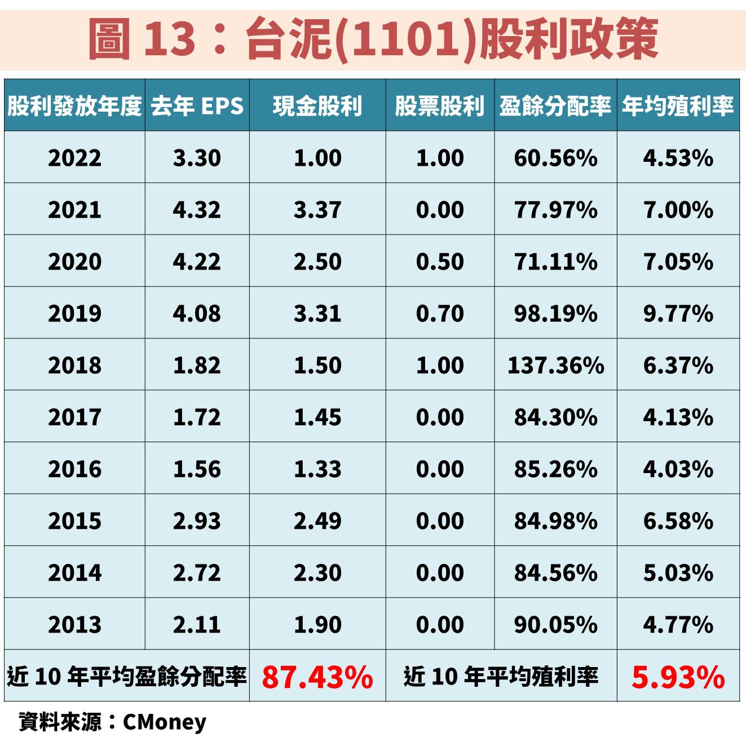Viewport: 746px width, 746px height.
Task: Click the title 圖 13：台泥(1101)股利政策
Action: pyautogui.click(x=373, y=38)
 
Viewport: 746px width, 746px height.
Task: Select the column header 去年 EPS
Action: pyautogui.click(x=197, y=105)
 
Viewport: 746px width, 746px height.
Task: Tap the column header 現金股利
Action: pyautogui.click(x=317, y=105)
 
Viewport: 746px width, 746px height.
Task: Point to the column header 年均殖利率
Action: pyautogui.click(x=678, y=105)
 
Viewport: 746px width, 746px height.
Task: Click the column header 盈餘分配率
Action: pyautogui.click(x=555, y=105)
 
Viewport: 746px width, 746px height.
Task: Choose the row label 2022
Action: pyautogui.click(x=74, y=158)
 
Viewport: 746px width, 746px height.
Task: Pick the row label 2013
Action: pyautogui.click(x=74, y=625)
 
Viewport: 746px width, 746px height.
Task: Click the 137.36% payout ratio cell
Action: pyautogui.click(x=555, y=365)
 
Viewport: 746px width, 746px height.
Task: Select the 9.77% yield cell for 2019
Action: pyautogui.click(x=678, y=314)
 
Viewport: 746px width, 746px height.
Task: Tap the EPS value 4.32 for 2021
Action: pyautogui.click(x=197, y=210)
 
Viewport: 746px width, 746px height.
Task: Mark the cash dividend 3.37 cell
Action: pyautogui.click(x=317, y=210)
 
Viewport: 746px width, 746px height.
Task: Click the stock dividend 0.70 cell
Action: pyautogui.click(x=440, y=314)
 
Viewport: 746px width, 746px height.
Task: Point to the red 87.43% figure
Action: pyautogui.click(x=317, y=677)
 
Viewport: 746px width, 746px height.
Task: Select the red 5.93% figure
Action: pyautogui.click(x=678, y=677)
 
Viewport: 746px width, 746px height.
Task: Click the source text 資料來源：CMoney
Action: pyautogui.click(x=113, y=722)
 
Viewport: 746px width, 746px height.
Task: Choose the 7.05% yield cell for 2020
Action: pyautogui.click(x=678, y=262)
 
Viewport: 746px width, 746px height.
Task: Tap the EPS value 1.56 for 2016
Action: pyautogui.click(x=197, y=469)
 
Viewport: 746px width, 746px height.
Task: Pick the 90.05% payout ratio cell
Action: pyautogui.click(x=555, y=625)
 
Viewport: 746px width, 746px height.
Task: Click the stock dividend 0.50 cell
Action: pyautogui.click(x=440, y=262)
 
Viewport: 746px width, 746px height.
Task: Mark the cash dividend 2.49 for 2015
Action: pyautogui.click(x=317, y=521)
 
